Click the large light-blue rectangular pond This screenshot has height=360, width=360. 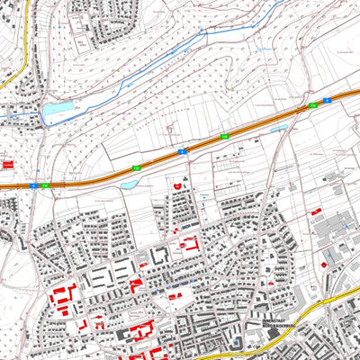(x=56, y=112)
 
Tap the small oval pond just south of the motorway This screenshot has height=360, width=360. (x=130, y=184)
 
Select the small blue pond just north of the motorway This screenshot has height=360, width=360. (x=280, y=129)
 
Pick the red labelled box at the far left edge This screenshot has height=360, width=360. (x=9, y=165)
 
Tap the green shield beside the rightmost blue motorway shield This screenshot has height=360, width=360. (x=313, y=106)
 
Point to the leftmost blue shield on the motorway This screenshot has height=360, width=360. (x=33, y=185)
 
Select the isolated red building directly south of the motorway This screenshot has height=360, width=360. (x=177, y=185)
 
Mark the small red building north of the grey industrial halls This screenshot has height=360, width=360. (x=317, y=211)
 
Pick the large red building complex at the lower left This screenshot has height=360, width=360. (x=63, y=297)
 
